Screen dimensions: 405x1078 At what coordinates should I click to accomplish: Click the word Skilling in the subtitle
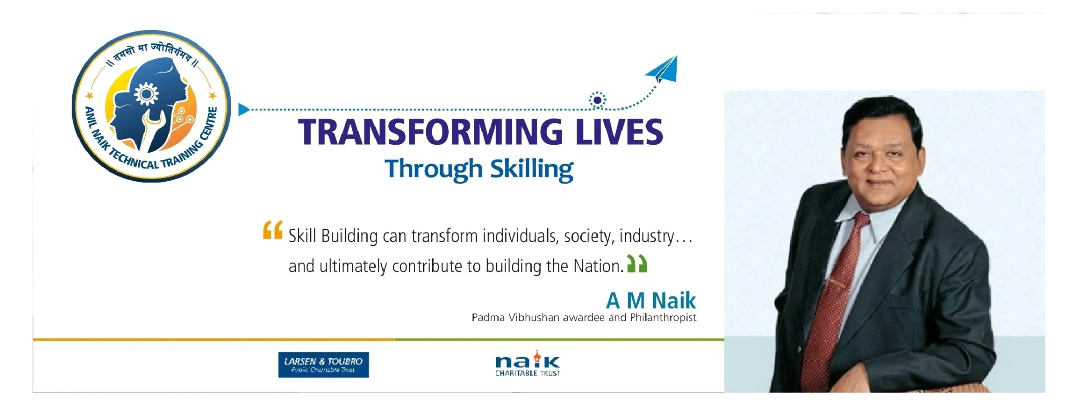pyautogui.click(x=532, y=169)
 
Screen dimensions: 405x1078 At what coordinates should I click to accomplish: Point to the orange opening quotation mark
pyautogui.click(x=273, y=230)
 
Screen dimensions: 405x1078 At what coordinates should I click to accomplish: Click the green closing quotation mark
pyautogui.click(x=637, y=264)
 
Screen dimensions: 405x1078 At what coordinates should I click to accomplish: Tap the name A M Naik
pyautogui.click(x=650, y=301)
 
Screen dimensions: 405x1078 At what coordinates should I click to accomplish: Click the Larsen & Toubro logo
pyautogui.click(x=324, y=365)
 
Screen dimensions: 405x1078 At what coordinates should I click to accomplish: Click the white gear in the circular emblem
pyautogui.click(x=146, y=94)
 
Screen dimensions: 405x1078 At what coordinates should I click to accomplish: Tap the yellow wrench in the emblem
pyautogui.click(x=151, y=129)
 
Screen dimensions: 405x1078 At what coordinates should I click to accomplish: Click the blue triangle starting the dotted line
pyautogui.click(x=243, y=110)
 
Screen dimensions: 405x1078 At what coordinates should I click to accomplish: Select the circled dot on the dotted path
pyautogui.click(x=597, y=100)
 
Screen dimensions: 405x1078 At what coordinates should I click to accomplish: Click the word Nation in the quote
pyautogui.click(x=598, y=266)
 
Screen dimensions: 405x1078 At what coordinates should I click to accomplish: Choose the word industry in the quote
pyautogui.click(x=647, y=236)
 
